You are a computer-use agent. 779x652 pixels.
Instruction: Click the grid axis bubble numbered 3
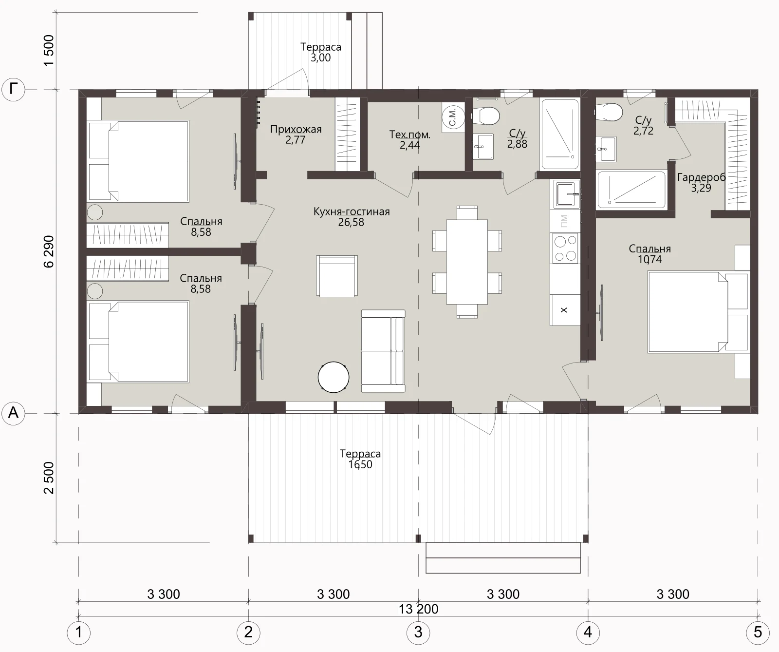(418, 632)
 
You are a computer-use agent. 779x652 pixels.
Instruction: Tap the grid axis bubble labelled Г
(14, 90)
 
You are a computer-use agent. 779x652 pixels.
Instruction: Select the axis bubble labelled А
(14, 413)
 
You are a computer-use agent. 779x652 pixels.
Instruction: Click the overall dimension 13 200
(419, 609)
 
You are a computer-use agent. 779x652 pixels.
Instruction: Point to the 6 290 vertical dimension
(49, 251)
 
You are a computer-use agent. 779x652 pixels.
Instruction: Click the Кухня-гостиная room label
(352, 211)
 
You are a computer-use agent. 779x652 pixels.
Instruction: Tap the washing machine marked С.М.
(453, 116)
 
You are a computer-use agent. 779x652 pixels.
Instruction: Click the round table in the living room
(334, 377)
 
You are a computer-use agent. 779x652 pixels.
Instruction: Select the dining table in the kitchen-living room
(467, 262)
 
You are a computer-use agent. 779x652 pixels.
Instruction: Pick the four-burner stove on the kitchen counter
(565, 248)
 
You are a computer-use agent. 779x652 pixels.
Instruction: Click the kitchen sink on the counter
(565, 194)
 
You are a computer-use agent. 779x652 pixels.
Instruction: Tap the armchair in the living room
(337, 276)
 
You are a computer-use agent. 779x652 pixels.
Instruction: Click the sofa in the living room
(383, 351)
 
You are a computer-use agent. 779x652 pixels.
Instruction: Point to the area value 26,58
(351, 222)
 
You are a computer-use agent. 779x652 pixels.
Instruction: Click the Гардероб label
(701, 177)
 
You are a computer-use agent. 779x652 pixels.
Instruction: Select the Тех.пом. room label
(410, 134)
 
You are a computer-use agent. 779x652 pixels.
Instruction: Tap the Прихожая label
(296, 129)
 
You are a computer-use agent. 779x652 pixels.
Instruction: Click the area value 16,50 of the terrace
(360, 464)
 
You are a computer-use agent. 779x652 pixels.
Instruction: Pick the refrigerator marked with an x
(565, 310)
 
